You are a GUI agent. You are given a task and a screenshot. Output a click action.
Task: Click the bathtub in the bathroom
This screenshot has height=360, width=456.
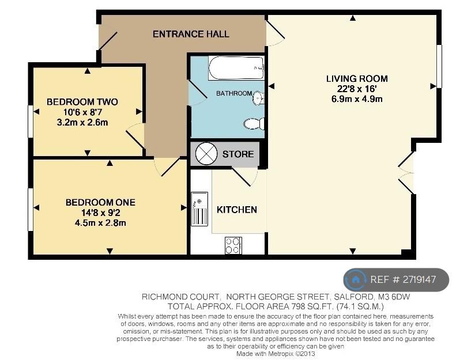click(x=236, y=69)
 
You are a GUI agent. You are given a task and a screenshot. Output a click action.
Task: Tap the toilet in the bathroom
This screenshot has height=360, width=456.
click(x=254, y=124)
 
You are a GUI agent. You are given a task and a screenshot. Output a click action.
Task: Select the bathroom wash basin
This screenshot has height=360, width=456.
click(x=258, y=97)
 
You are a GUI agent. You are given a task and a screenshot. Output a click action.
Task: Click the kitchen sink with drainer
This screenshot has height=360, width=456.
click(x=199, y=209)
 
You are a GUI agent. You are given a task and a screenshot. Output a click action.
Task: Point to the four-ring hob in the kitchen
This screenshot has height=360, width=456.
click(x=233, y=245)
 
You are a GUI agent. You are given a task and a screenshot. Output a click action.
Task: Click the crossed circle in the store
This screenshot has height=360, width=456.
click(x=206, y=153)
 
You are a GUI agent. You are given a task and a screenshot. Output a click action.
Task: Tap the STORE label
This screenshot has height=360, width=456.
click(x=238, y=154)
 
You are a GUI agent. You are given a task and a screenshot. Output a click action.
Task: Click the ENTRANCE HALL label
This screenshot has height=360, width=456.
click(x=191, y=34)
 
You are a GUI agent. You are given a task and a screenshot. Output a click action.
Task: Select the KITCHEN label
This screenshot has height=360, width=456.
click(x=237, y=210)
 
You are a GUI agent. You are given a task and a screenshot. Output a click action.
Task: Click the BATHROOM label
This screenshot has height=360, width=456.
click(x=234, y=93)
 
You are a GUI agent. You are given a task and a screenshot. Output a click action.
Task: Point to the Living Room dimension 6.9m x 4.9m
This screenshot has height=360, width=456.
click(x=357, y=99)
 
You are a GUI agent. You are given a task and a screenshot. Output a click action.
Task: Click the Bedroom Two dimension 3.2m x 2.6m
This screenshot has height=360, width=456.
click(x=82, y=122)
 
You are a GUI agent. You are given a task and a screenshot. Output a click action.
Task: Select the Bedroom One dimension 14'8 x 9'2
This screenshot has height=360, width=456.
click(x=101, y=213)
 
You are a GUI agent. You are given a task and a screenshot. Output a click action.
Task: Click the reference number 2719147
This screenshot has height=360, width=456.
click(x=419, y=279)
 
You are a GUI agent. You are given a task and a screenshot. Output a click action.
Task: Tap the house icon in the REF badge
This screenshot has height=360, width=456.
click(x=356, y=280)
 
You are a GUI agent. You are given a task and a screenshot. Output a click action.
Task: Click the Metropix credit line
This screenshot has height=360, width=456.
click(x=276, y=354)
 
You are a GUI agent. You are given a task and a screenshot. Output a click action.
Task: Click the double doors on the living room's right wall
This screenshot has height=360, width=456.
click(x=406, y=173)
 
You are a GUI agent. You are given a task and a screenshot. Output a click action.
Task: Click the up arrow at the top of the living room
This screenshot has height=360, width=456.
click(x=353, y=18)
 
